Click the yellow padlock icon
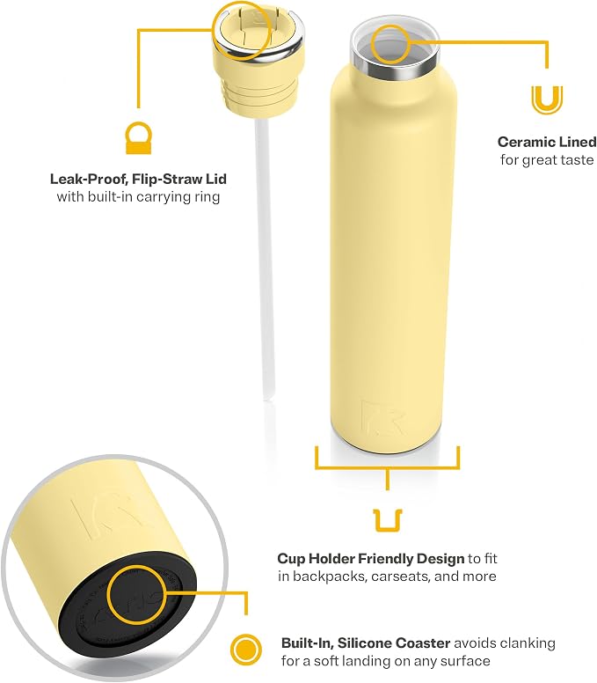[x=138, y=137]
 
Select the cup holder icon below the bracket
[x=388, y=520]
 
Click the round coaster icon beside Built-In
[x=246, y=650]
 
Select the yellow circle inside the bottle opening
[x=390, y=44]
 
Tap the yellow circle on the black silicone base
[x=136, y=595]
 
